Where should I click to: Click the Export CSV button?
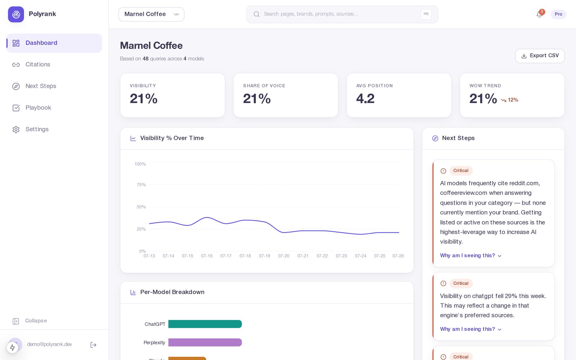coord(540,56)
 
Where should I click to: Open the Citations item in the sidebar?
coord(38,64)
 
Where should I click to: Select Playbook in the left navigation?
coord(38,108)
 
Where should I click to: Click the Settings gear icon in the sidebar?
coord(16,129)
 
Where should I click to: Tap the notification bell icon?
coord(539,14)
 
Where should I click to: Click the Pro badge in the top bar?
coord(558,14)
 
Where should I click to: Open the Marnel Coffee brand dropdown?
coord(151,14)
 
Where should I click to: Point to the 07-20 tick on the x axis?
coord(283,256)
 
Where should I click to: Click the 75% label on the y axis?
coord(141,185)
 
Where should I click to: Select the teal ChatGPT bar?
coord(205,324)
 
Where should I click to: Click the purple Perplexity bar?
coord(205,342)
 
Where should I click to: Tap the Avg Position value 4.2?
coord(365,99)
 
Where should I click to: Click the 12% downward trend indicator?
coord(509,100)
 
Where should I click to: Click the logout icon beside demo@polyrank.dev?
coord(93,345)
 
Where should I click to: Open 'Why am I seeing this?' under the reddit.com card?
coord(471,256)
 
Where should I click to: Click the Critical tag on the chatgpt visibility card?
coord(461,283)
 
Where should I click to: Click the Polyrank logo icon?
coord(16,14)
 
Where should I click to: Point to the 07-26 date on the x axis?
coord(398,256)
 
